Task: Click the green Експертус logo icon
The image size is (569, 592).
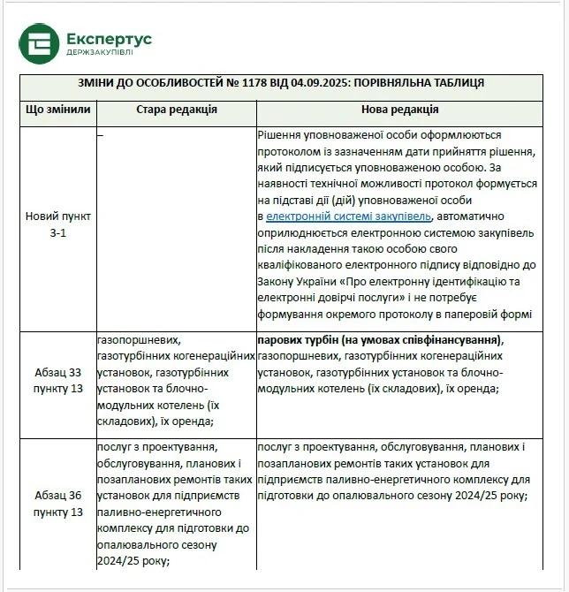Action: pos(40,46)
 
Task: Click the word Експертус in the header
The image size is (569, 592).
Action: pos(109,39)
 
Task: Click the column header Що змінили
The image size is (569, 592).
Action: pos(58,110)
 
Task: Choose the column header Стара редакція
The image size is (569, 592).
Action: pos(177,110)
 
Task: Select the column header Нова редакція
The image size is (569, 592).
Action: pos(400,110)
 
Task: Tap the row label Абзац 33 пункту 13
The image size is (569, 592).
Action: pos(58,379)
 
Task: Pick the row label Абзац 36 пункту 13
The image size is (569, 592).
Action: pos(58,504)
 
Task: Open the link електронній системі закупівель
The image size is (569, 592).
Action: pos(348,216)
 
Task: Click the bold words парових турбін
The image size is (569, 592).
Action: pos(296,340)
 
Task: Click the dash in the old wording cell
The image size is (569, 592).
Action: pos(100,133)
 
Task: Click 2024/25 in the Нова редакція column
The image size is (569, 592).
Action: pos(461,496)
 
